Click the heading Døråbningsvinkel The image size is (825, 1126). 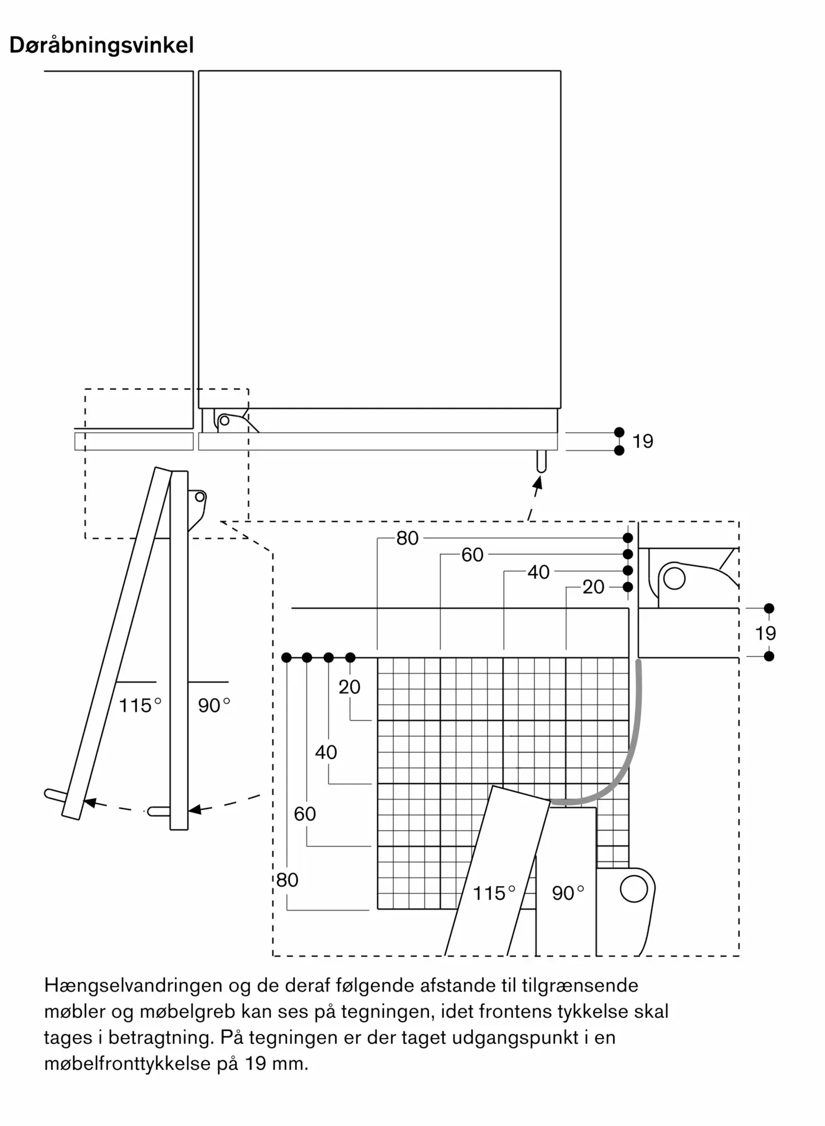102,45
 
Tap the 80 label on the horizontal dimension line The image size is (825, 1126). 407,538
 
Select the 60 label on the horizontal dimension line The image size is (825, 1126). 472,555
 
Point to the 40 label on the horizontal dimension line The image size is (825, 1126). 538,572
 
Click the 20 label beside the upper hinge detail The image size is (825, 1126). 593,587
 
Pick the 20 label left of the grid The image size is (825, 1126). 349,687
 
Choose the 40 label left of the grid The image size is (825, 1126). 326,752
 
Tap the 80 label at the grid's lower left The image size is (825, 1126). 287,880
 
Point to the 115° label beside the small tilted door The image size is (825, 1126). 140,705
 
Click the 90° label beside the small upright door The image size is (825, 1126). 214,705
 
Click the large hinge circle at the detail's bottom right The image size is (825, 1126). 634,889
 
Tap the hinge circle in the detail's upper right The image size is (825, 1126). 674,578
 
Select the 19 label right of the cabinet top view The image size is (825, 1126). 643,441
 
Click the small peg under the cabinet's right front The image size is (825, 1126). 541,461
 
